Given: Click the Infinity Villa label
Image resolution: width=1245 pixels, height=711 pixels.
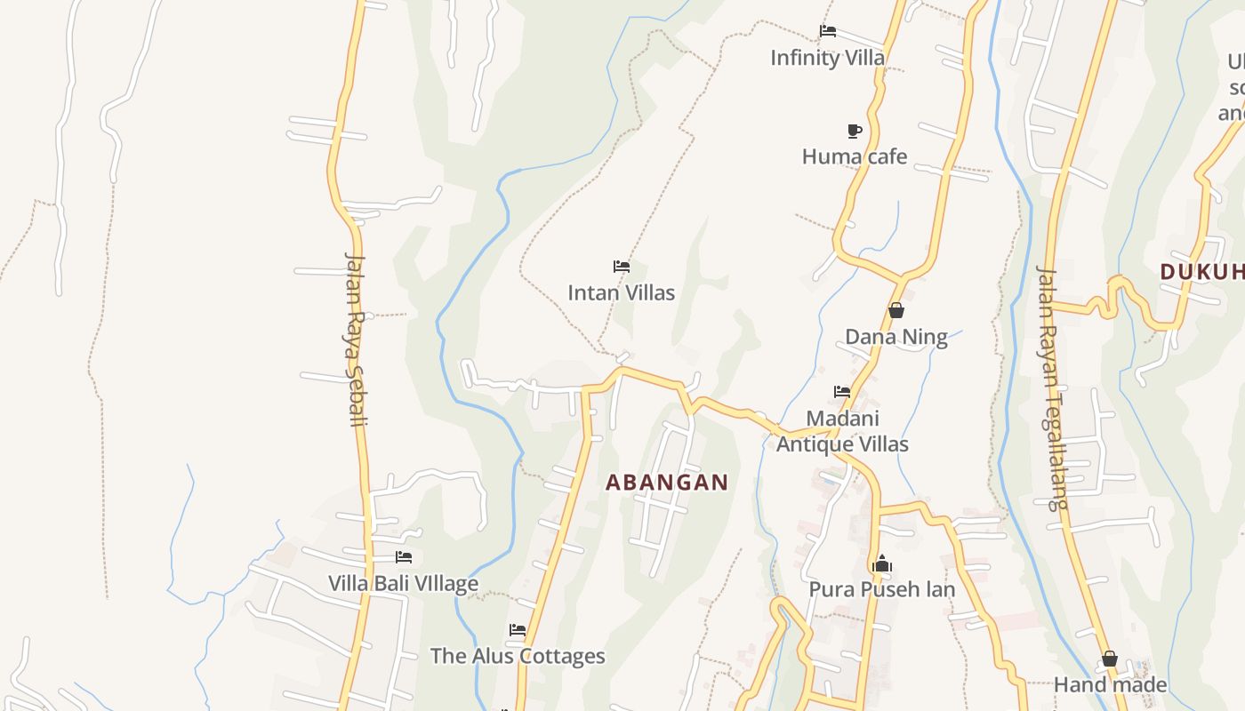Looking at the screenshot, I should (827, 58).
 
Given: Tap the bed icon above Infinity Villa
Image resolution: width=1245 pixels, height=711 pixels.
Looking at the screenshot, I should (828, 32).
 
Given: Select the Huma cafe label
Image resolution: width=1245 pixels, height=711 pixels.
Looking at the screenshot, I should (855, 156).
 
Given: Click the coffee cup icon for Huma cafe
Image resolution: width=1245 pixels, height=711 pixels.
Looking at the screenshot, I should (855, 132).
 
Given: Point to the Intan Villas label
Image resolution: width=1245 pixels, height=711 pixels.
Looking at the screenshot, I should (622, 292).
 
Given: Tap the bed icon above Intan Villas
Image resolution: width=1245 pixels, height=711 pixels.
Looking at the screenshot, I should (622, 267).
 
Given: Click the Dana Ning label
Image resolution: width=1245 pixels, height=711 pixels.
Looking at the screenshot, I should (896, 337).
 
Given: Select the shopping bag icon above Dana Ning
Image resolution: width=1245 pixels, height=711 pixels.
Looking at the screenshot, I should (896, 310).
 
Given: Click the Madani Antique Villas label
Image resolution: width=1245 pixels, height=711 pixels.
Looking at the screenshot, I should (842, 431).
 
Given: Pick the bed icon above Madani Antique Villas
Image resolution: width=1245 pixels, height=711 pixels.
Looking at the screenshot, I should (842, 392).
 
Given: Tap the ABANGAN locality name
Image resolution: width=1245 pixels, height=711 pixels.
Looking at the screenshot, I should (667, 483).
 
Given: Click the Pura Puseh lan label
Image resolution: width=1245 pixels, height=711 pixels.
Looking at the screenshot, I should (882, 589).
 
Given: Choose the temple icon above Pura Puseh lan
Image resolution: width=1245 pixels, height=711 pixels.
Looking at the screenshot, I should (882, 563).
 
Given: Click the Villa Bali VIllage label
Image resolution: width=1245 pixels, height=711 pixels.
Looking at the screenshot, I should (404, 584).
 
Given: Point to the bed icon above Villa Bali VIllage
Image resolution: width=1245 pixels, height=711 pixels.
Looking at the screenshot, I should (404, 557).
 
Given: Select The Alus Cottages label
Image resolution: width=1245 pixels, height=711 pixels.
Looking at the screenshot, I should (518, 657).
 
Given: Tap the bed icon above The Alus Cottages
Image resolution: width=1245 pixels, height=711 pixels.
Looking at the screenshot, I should (518, 630).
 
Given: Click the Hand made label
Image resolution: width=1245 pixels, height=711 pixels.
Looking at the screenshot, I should (1110, 684).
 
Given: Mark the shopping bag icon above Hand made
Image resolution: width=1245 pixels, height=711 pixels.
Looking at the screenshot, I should (1110, 659).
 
